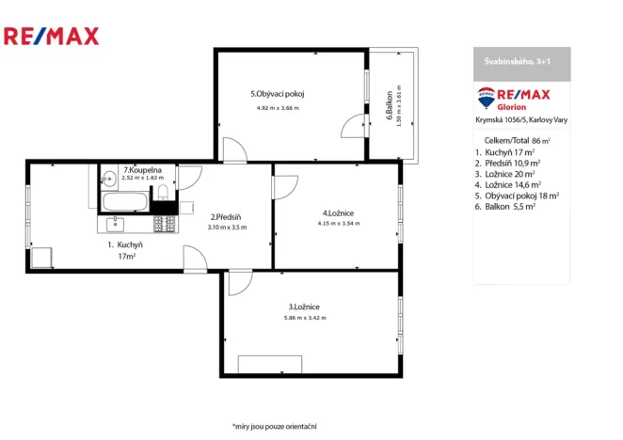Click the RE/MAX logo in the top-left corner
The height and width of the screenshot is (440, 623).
51,37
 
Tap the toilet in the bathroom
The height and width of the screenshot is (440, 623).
164,194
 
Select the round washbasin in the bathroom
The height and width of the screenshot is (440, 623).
108,176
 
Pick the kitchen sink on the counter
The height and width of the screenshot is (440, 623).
116,224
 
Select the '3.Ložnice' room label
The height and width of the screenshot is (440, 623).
304,306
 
